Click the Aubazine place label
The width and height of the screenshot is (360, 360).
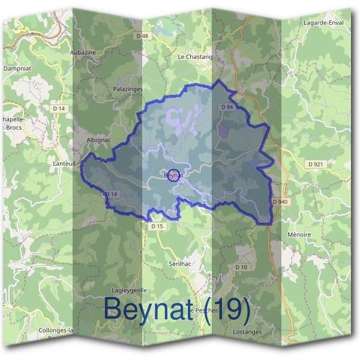[83, 53]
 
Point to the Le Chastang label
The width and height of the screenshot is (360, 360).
[195, 57]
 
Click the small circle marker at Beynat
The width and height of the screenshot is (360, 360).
[172, 175]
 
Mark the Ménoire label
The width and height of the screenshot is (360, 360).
[299, 234]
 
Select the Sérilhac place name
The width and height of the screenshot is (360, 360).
[180, 263]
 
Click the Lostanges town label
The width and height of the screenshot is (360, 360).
[248, 332]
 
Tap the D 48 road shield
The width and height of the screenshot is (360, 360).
[142, 36]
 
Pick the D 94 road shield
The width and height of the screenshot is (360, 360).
[226, 107]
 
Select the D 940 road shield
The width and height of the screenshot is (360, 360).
[280, 202]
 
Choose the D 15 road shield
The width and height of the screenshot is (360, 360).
[157, 226]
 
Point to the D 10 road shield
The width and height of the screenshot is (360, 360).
[241, 266]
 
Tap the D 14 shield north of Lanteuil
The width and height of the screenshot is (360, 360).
[58, 108]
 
